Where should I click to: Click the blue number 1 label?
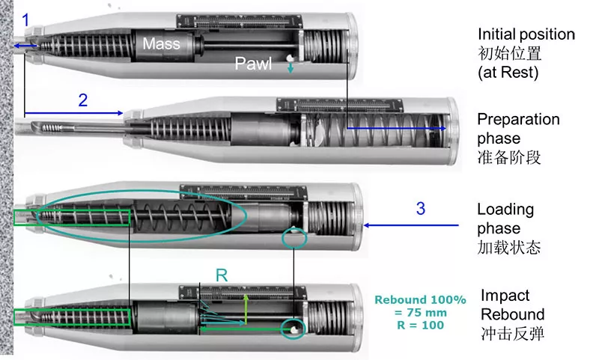tap(26, 20)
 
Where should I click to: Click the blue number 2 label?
tap(83, 100)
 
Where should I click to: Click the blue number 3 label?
tap(421, 208)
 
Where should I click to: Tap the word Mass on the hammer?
tap(162, 43)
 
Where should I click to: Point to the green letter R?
tap(221, 275)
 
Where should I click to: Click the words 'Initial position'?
tap(526, 34)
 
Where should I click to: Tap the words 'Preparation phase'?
tap(518, 129)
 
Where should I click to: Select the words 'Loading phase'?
tap(505, 219)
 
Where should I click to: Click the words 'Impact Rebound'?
tap(512, 305)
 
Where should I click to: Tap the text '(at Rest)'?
tap(508, 73)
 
